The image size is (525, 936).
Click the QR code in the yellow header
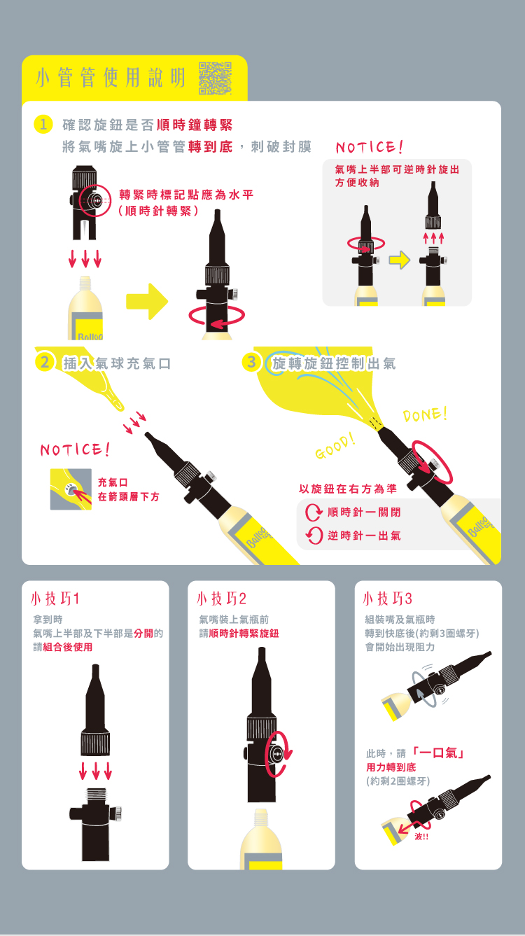point(215,78)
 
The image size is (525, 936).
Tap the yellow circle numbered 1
point(43,124)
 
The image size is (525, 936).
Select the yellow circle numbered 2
point(45,362)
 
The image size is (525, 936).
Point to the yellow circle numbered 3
point(251,362)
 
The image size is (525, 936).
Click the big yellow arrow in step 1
point(147,301)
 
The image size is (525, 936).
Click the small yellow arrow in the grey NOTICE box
point(400,260)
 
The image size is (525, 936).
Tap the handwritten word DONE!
point(425,414)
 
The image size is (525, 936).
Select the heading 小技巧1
point(55,599)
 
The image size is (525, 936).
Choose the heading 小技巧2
point(221,599)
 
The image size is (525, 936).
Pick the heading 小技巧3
point(388,599)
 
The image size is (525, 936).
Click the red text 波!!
point(421,837)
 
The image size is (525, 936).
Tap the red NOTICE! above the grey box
point(370,147)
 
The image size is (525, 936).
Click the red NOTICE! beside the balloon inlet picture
point(75,449)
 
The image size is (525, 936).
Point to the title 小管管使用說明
point(111,78)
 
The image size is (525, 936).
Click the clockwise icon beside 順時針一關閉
point(314,512)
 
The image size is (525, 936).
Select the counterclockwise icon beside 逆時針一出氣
point(314,536)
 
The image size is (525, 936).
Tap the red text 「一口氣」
point(438,753)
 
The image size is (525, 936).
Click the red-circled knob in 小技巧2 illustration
point(276,754)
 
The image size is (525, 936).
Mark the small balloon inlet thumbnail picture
point(71,489)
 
